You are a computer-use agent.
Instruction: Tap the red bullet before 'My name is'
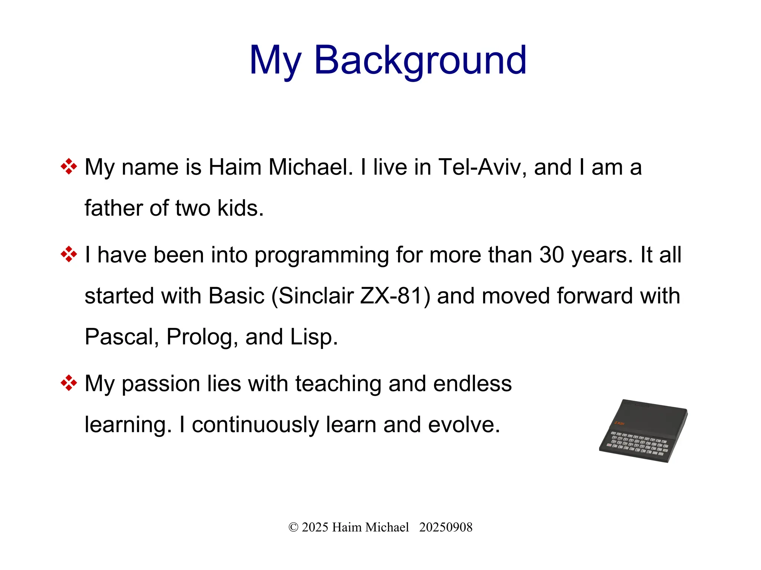click(69, 166)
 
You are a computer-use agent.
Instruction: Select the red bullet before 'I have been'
click(69, 254)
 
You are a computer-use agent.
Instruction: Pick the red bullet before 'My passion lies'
click(69, 383)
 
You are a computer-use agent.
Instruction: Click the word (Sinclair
click(312, 296)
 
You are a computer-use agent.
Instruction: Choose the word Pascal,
click(122, 337)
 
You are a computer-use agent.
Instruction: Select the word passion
click(161, 384)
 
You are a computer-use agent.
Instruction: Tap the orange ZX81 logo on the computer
click(619, 423)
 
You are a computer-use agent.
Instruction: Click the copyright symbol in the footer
click(293, 527)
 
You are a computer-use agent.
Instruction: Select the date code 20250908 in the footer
click(446, 527)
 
